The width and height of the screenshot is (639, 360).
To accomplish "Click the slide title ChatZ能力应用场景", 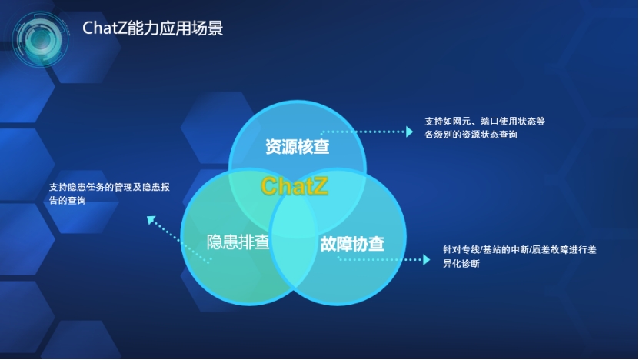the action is click(x=152, y=28).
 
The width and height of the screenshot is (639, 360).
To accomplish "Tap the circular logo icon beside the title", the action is click(x=40, y=39).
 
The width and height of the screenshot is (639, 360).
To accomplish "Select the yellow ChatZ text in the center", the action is click(x=295, y=186).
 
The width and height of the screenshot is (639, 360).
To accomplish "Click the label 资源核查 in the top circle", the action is click(x=297, y=147).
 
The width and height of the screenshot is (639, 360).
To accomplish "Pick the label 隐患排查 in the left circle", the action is click(x=238, y=242).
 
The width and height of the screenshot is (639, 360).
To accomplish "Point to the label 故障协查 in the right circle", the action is click(x=352, y=243).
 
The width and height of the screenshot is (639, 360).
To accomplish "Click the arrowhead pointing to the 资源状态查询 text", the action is click(x=410, y=132).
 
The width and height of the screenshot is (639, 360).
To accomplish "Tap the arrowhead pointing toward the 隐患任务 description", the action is click(x=151, y=220).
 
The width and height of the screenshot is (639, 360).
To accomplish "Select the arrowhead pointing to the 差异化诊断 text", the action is click(x=426, y=260).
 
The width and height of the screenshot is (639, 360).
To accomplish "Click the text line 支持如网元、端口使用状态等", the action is click(x=484, y=121).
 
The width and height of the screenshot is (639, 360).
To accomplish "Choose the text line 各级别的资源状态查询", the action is click(x=471, y=135).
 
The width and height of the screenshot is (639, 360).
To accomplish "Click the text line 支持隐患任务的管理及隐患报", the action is click(x=109, y=187).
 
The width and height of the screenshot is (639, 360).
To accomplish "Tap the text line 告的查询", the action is click(x=68, y=200).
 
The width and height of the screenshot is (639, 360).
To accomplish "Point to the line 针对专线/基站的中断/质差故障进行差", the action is click(x=520, y=249).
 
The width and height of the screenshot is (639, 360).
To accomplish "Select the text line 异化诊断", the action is click(x=461, y=263).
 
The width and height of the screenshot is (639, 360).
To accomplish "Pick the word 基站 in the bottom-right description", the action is click(x=492, y=249).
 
